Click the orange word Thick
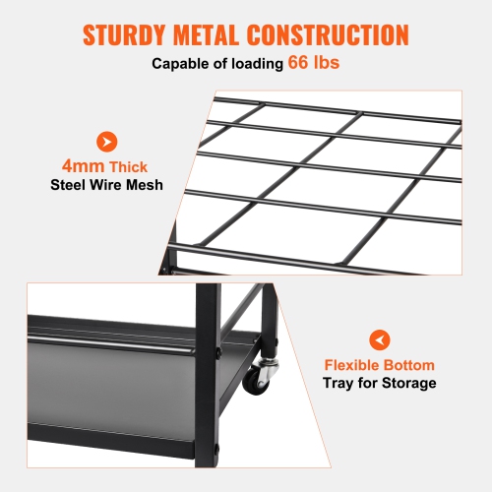[127, 167]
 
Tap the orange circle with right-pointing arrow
[104, 142]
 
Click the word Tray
[340, 383]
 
